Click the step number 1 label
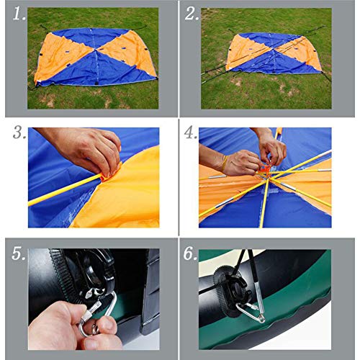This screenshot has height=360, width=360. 16,14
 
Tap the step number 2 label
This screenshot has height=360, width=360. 192,14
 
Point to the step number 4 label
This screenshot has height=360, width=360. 192,134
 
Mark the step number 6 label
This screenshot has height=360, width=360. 192,253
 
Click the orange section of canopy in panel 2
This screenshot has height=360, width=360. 248,52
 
